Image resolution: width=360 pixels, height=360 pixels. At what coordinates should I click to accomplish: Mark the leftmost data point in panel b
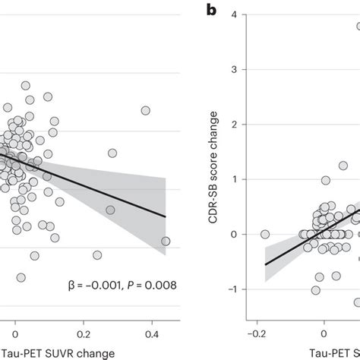tap(265, 234)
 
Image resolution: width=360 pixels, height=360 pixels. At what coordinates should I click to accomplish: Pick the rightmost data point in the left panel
tap(166, 242)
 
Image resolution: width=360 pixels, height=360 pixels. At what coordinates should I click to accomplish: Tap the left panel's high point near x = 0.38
tap(145, 110)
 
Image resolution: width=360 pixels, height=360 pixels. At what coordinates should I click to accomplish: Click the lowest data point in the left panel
tap(21, 277)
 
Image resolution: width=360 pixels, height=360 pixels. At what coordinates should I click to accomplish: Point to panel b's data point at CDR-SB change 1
tap(326, 180)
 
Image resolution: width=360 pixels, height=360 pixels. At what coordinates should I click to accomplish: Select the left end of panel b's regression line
tap(265, 264)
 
